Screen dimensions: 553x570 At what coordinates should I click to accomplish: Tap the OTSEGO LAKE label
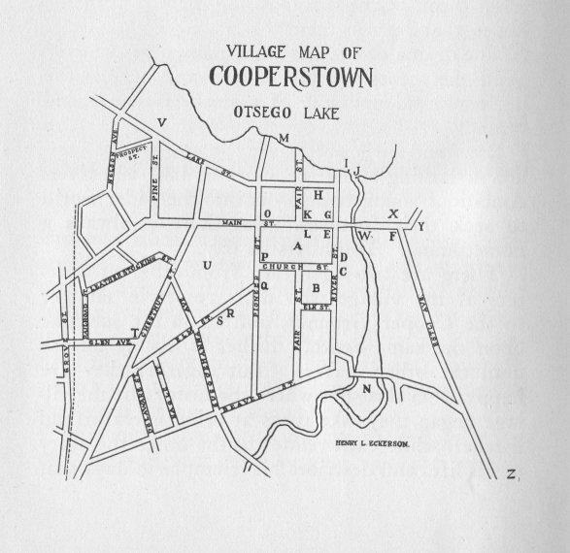[x=285, y=114]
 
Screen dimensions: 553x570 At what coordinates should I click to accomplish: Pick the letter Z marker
[x=510, y=474]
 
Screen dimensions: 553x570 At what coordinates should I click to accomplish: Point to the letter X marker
[x=393, y=214]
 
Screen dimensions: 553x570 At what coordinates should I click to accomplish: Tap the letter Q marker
[x=263, y=285]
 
